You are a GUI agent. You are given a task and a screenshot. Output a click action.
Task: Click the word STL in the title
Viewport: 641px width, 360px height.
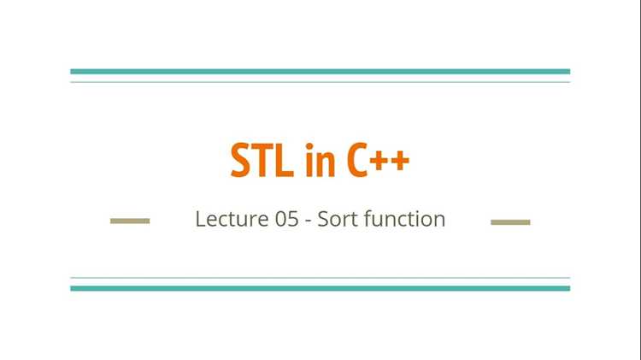click(262, 160)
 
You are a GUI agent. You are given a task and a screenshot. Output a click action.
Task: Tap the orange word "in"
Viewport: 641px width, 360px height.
click(320, 160)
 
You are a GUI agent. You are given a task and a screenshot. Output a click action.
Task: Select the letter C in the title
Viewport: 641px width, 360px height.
click(356, 160)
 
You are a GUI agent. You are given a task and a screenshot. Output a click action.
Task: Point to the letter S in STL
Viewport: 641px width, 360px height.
click(240, 160)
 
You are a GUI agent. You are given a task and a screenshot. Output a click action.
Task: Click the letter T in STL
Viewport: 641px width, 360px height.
click(262, 160)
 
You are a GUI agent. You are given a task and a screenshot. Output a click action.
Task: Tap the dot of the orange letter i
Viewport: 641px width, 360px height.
click(309, 146)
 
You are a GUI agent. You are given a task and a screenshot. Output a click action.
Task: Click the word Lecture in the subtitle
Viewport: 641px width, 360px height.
click(232, 219)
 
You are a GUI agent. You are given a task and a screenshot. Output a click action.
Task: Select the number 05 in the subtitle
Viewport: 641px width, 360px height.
click(286, 219)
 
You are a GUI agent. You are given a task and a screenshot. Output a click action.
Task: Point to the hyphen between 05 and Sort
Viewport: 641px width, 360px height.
click(309, 221)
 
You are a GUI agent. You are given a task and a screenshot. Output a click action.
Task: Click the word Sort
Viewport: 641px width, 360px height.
click(338, 219)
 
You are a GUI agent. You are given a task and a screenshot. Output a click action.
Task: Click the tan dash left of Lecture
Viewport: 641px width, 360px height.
click(130, 221)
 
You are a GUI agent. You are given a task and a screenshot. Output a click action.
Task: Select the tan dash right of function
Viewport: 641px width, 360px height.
click(510, 222)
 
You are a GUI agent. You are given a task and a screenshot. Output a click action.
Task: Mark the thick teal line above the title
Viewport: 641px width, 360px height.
click(320, 72)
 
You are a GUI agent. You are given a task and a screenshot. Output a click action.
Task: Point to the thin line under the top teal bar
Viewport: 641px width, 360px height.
click(320, 82)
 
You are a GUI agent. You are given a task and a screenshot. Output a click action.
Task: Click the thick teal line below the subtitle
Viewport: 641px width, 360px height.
click(320, 288)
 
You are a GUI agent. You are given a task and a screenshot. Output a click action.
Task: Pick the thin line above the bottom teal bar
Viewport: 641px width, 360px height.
click(320, 278)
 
